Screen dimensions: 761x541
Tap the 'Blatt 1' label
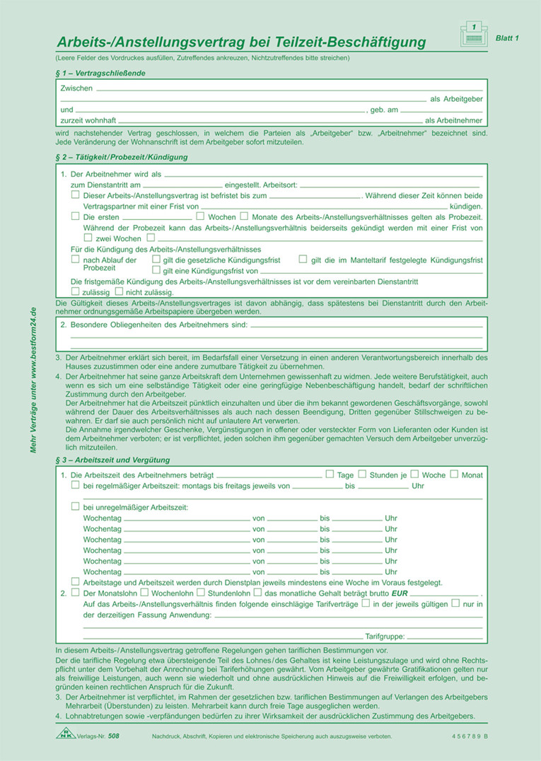point(506,38)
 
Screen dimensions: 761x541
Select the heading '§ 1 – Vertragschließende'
point(101,73)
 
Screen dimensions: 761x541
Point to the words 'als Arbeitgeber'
point(457,99)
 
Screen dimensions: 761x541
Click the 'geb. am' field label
point(385,110)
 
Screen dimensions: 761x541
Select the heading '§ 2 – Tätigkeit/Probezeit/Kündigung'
point(122,157)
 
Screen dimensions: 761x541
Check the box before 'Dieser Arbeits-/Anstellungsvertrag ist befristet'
point(76,194)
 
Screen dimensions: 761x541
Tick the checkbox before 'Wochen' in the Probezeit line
point(201,216)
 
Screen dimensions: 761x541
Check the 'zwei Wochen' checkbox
point(88,238)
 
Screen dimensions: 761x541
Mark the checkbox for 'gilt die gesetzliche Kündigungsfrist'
point(156,260)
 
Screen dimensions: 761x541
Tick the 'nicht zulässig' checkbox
point(119,291)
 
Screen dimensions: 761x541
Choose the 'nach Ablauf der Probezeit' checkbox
point(76,260)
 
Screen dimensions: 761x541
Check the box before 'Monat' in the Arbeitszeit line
point(454,474)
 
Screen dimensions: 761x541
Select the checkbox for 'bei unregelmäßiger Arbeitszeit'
point(76,506)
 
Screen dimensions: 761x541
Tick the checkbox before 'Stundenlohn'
point(201,592)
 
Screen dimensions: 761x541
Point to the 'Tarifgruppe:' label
point(385,636)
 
